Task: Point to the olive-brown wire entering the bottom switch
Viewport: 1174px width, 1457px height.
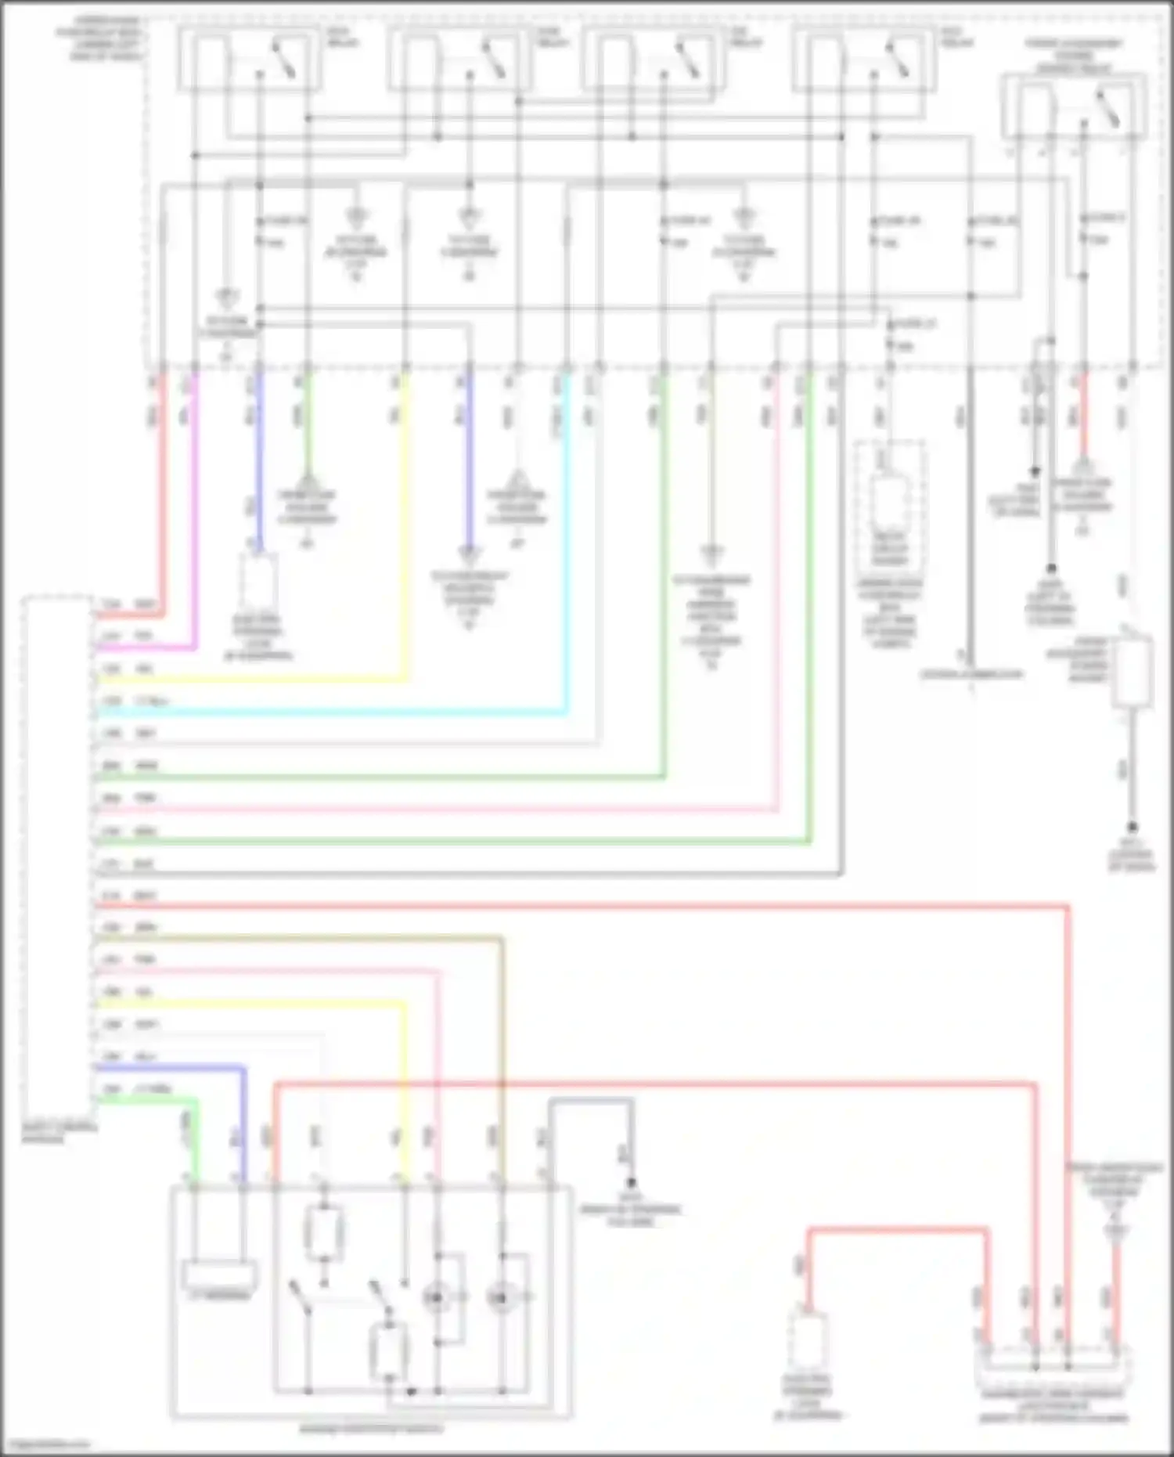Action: click(x=501, y=1057)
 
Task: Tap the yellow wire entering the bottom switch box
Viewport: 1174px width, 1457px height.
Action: click(x=405, y=1096)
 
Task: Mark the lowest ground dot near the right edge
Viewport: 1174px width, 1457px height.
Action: click(x=1132, y=827)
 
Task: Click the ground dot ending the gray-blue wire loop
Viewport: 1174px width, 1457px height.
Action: click(x=631, y=1183)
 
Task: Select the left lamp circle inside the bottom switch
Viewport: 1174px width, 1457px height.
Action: click(x=435, y=1298)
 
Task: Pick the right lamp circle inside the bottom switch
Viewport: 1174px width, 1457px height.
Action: click(x=499, y=1298)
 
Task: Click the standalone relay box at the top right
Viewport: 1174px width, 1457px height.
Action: click(x=1074, y=107)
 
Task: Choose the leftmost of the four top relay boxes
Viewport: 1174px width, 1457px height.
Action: click(x=249, y=59)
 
